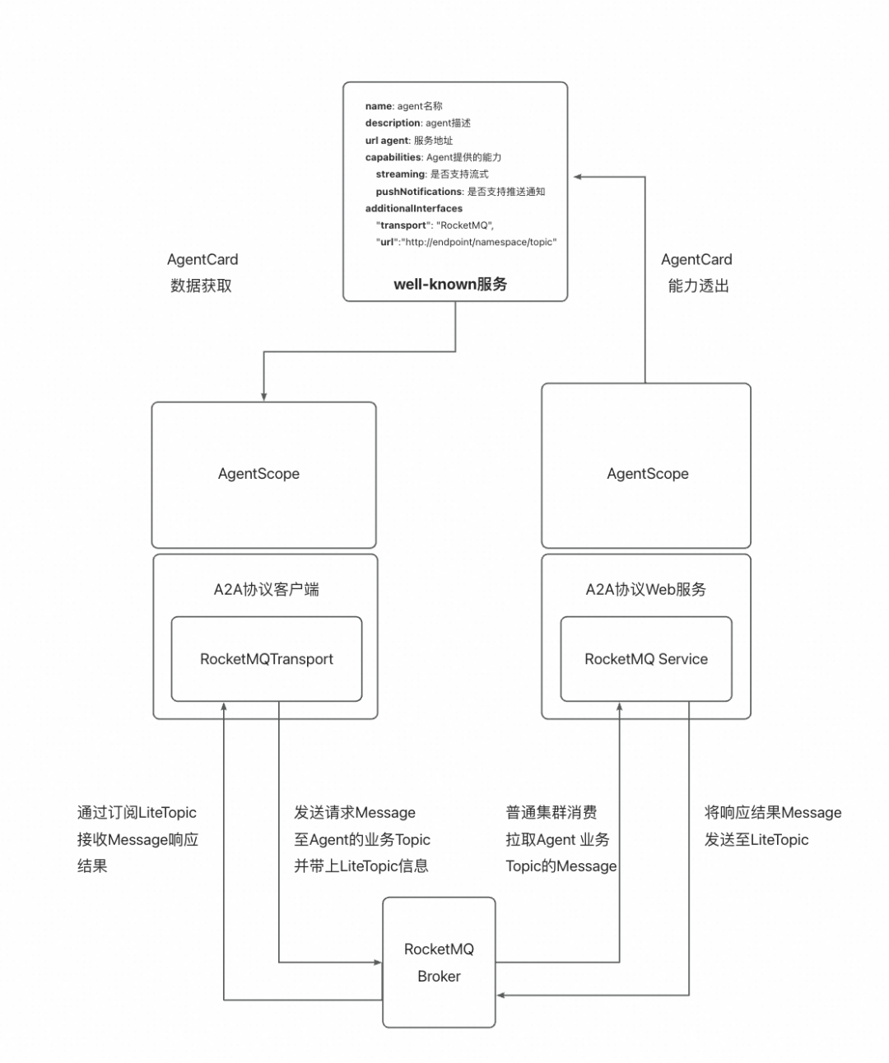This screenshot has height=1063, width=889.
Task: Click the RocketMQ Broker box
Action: click(x=439, y=962)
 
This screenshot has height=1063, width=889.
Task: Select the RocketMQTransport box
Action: click(x=266, y=659)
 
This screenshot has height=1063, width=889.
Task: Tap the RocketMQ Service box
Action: click(x=646, y=659)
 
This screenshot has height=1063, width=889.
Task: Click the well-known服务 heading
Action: click(x=450, y=284)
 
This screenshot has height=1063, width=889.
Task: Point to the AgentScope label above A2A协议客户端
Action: click(x=258, y=474)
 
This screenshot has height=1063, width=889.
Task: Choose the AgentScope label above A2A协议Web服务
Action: click(x=648, y=474)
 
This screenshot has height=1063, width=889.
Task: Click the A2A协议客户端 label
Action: click(x=266, y=589)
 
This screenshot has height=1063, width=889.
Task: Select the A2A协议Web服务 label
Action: click(x=646, y=589)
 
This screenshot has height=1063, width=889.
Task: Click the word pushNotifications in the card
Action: click(x=419, y=192)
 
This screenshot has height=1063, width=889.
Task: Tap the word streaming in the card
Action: click(x=400, y=174)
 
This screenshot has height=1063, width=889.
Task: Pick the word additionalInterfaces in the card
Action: click(x=414, y=209)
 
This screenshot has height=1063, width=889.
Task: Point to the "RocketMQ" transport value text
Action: click(x=464, y=225)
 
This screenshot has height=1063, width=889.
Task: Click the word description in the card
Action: click(x=393, y=123)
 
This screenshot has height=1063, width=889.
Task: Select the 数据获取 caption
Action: click(x=201, y=285)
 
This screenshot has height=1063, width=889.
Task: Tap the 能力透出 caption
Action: click(x=698, y=285)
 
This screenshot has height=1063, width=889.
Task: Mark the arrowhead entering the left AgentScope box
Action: click(x=263, y=397)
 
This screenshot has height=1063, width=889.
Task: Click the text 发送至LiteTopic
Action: click(x=756, y=839)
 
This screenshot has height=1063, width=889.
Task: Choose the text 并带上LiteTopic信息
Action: click(x=361, y=866)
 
